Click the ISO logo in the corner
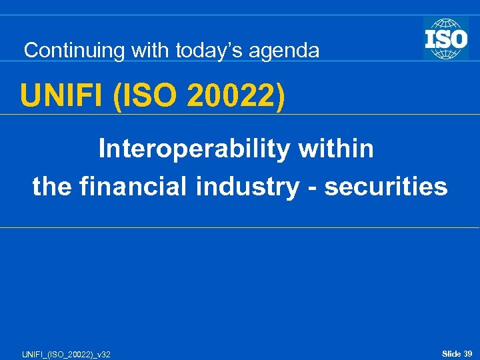(x=446, y=38)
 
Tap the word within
(x=336, y=149)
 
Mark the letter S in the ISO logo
(x=446, y=37)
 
